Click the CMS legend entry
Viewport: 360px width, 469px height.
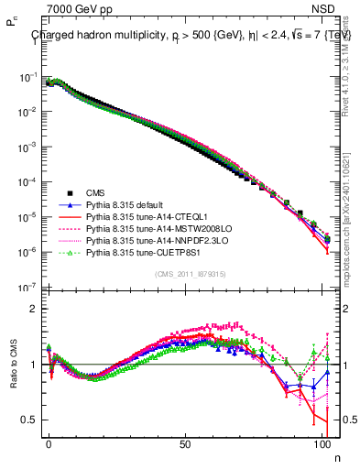coord(96,192)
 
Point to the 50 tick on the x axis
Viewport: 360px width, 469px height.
coord(186,441)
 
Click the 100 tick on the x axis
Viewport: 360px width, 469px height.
coord(322,441)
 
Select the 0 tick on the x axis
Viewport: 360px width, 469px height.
coord(49,441)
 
